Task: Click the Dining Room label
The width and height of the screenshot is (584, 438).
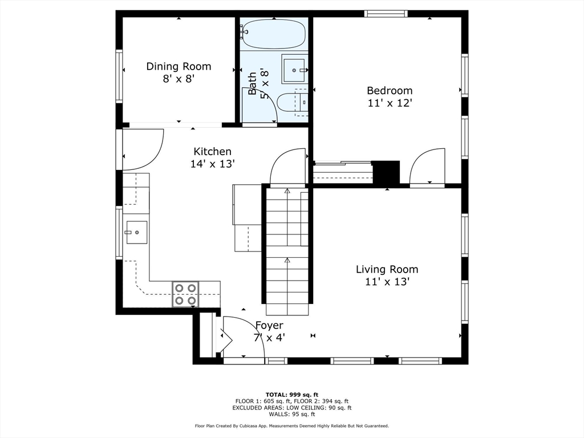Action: [179, 66]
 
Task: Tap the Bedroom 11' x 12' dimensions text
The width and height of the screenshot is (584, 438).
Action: [390, 103]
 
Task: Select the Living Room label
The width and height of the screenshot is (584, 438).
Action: [387, 269]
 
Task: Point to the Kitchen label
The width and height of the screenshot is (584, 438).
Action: [212, 152]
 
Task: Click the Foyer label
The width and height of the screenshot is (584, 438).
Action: [269, 326]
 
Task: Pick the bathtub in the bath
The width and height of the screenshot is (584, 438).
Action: [274, 34]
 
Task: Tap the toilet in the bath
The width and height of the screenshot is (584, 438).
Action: [293, 103]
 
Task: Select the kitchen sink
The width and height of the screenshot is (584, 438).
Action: [137, 233]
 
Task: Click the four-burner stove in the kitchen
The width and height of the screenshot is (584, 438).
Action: [185, 294]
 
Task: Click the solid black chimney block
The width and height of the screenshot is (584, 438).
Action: [386, 172]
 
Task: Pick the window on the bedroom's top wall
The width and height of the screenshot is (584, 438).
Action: [386, 14]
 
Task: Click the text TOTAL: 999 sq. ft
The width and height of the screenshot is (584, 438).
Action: [292, 395]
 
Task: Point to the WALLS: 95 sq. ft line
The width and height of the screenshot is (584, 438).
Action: [292, 414]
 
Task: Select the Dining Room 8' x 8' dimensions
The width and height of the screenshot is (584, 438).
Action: [179, 79]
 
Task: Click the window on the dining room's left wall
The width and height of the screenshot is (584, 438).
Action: [119, 76]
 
